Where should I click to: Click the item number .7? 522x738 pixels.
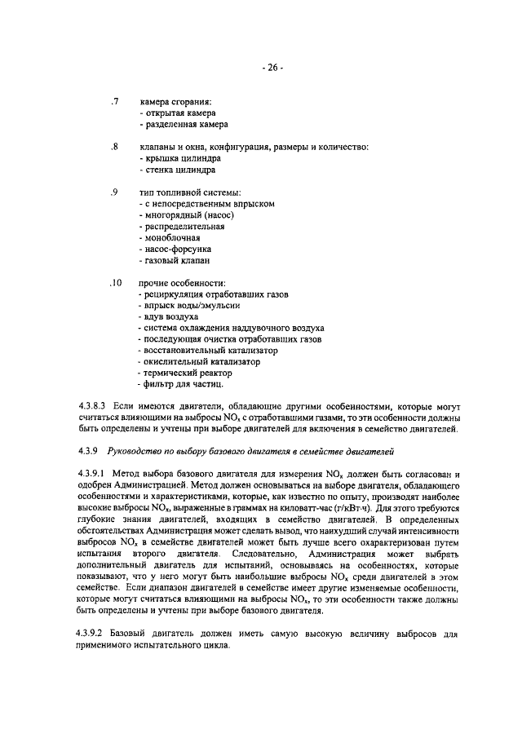(x=115, y=102)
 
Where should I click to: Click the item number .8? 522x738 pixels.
(x=115, y=148)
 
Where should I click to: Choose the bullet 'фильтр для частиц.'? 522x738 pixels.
(x=181, y=384)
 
